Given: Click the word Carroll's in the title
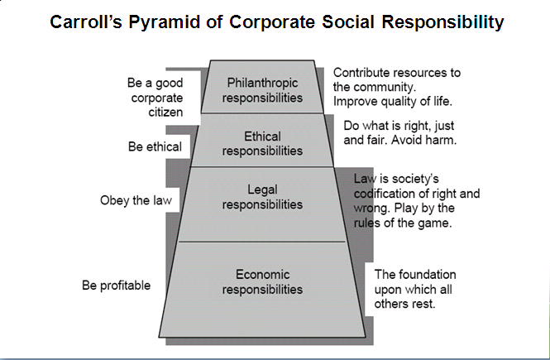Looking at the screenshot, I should (85, 22).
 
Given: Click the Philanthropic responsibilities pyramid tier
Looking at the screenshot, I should (262, 90).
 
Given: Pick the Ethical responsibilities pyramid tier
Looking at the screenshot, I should (262, 142).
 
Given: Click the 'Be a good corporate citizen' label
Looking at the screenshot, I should (155, 98).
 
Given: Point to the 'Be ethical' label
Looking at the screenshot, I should (155, 147).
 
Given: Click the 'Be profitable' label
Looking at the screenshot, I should (116, 286).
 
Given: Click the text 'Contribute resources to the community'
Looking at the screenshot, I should (396, 79).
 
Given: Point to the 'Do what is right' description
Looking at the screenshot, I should (399, 132).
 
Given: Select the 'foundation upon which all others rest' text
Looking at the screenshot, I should (415, 288).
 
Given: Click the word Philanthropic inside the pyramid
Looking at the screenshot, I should (262, 83).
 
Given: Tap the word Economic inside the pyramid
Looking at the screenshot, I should (262, 274).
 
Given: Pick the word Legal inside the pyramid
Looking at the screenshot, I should (262, 190).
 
